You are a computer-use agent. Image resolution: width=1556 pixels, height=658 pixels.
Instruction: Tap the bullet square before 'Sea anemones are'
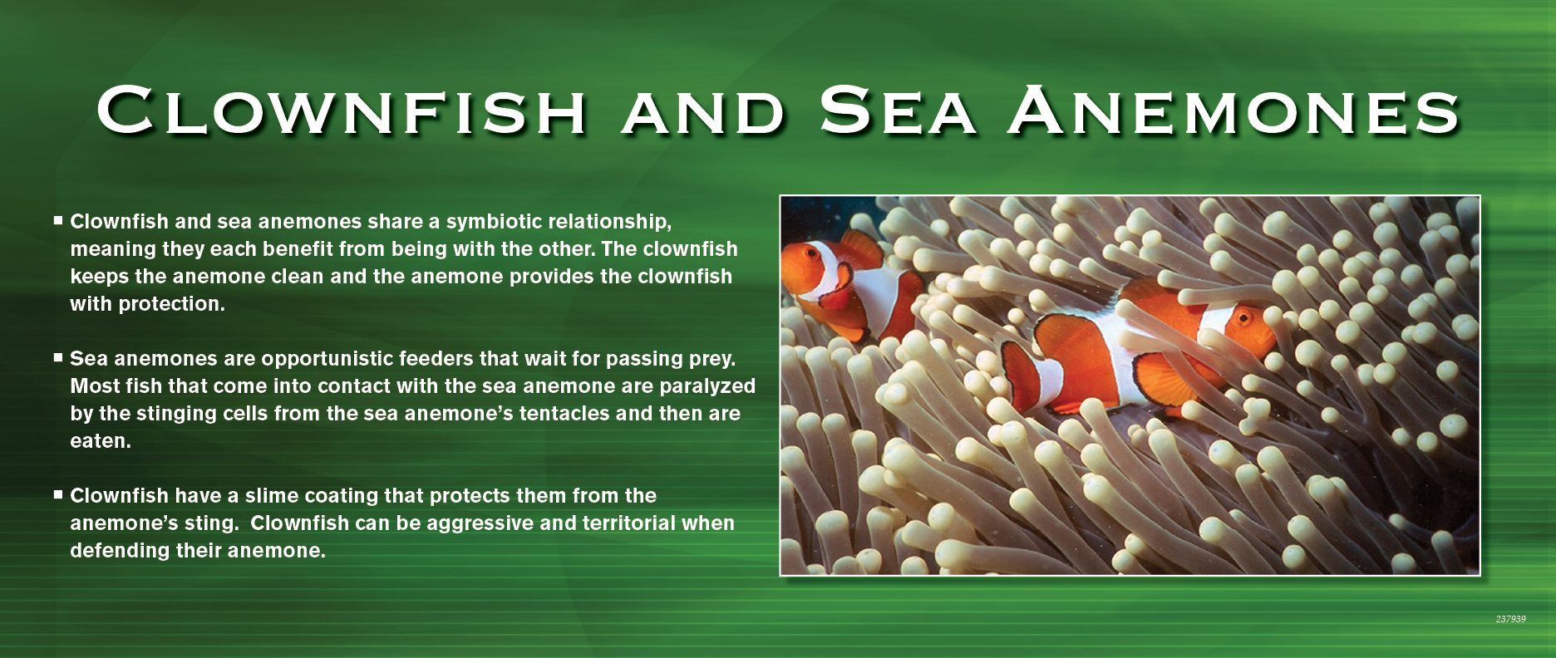(x=58, y=358)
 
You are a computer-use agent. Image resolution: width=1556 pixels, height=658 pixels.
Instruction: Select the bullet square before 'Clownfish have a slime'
(x=58, y=494)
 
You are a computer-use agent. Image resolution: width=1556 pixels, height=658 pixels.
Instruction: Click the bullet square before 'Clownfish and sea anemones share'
(x=58, y=221)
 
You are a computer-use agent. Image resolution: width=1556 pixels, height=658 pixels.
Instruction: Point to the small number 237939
(x=1510, y=619)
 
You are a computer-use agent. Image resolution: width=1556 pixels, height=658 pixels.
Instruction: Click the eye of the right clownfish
(x=1244, y=317)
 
